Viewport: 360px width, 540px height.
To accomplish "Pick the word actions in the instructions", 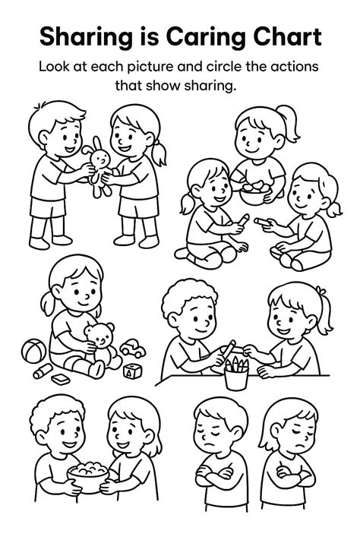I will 293,66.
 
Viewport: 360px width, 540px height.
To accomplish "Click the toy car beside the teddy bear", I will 132,350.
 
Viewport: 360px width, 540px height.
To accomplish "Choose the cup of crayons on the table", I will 237,373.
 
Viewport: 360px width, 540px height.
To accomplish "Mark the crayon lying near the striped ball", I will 41,373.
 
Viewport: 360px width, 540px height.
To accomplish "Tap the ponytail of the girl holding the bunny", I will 160,155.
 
